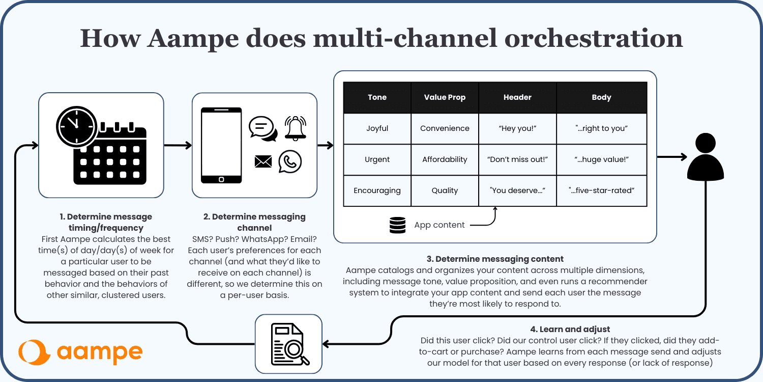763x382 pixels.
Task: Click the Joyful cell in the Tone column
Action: pyautogui.click(x=377, y=128)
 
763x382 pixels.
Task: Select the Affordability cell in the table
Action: pyautogui.click(x=445, y=159)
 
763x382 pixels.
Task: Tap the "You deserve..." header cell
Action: pyautogui.click(x=517, y=190)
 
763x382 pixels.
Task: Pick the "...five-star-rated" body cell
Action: pyautogui.click(x=602, y=190)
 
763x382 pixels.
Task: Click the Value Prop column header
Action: pyautogui.click(x=445, y=97)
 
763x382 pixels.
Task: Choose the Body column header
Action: pyautogui.click(x=602, y=97)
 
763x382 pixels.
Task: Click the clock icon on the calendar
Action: pyautogui.click(x=77, y=126)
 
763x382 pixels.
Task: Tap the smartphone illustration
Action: pyautogui.click(x=221, y=145)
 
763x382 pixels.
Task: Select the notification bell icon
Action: pyautogui.click(x=296, y=128)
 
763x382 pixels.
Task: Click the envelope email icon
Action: pyautogui.click(x=263, y=161)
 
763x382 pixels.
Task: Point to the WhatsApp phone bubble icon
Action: pyautogui.click(x=290, y=161)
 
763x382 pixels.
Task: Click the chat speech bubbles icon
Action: pyautogui.click(x=263, y=129)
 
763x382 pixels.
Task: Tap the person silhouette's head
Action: pyautogui.click(x=706, y=143)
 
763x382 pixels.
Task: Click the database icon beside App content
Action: pyautogui.click(x=397, y=225)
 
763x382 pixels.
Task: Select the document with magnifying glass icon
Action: pyautogui.click(x=290, y=344)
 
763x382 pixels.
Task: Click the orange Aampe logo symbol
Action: pyautogui.click(x=34, y=352)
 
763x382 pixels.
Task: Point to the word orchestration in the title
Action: pyautogui.click(x=594, y=38)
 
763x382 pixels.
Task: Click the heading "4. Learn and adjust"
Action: pyautogui.click(x=570, y=329)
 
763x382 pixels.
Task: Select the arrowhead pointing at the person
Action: pyautogui.click(x=683, y=157)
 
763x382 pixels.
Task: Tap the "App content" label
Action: pyautogui.click(x=439, y=225)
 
